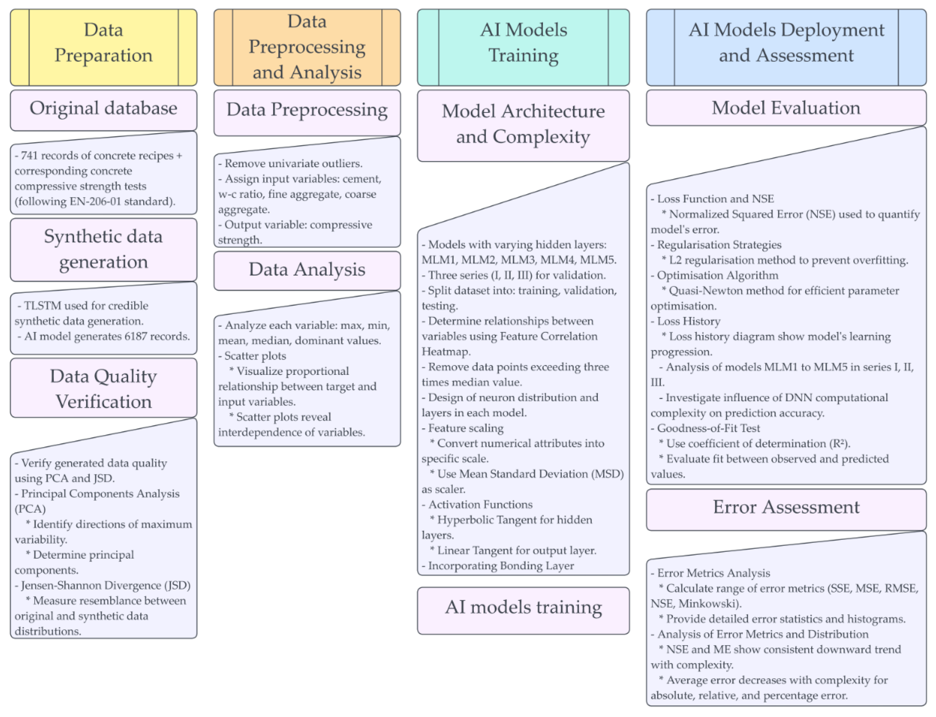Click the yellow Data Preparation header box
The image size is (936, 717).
point(103,47)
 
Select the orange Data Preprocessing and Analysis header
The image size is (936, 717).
point(307,47)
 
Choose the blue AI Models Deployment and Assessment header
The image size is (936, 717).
point(786,47)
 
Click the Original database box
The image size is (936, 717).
point(103,109)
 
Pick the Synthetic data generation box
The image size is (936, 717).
point(103,249)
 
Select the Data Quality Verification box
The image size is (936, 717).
point(103,388)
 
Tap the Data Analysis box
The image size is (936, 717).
point(307,270)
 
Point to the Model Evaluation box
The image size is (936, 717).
point(786,108)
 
